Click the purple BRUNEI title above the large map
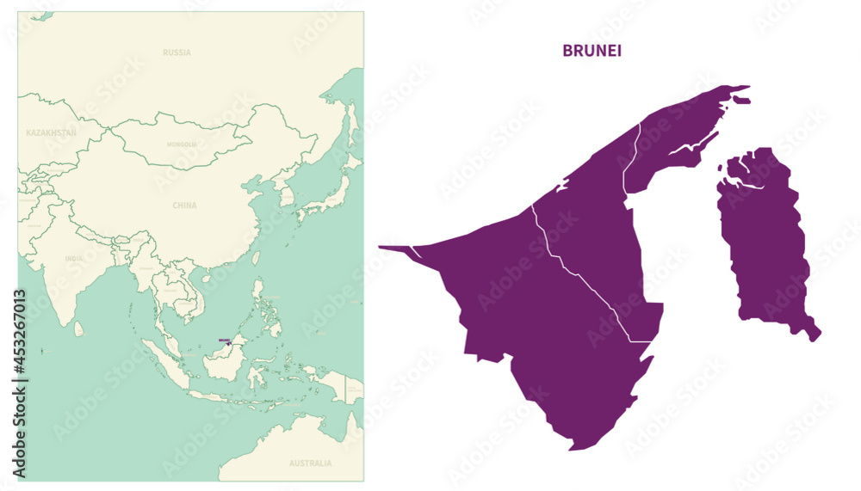coord(592,51)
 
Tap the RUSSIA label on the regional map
coord(177,52)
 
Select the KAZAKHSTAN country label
coord(51,133)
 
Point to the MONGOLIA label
coord(182,144)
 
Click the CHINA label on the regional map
coord(184,206)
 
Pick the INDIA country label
coord(74,258)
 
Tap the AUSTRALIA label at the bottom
coord(310,463)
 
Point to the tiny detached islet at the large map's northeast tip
coord(742,100)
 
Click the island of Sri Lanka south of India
coord(79,328)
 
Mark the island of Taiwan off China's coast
coord(257,257)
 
